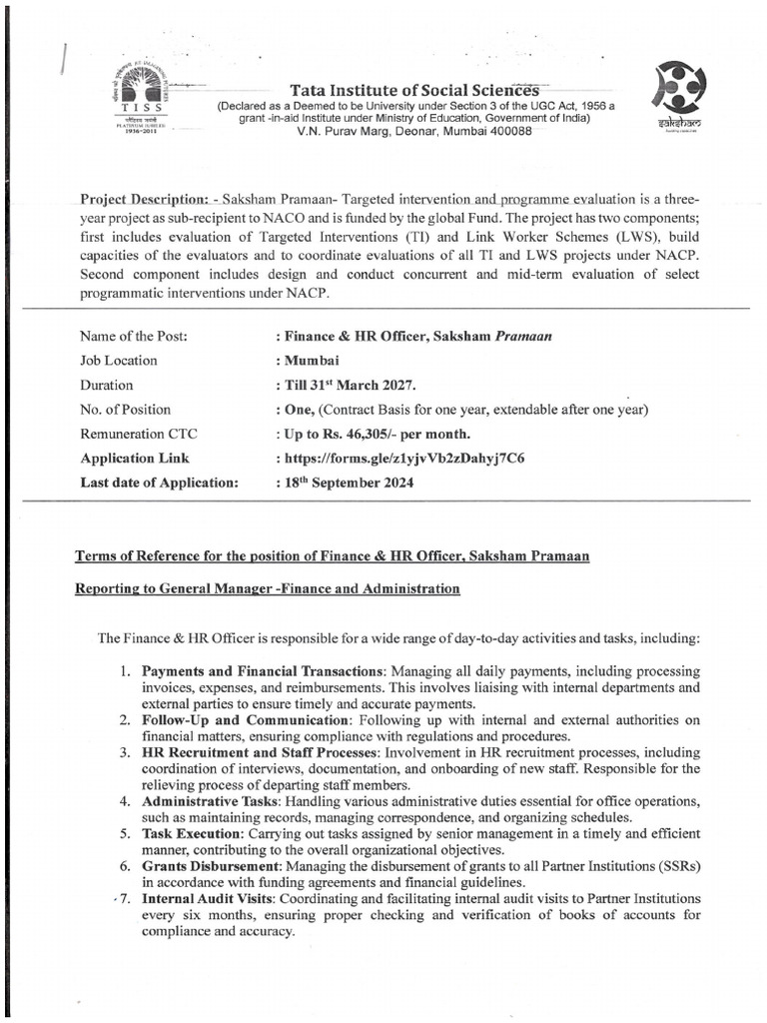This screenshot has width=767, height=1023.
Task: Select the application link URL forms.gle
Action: pyautogui.click(x=403, y=459)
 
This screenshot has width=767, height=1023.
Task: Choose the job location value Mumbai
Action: pyautogui.click(x=305, y=361)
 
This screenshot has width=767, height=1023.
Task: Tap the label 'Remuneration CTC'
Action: pyautogui.click(x=137, y=434)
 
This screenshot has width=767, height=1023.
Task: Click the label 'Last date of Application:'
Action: pyautogui.click(x=159, y=484)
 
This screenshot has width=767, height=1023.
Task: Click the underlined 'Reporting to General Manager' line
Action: pyautogui.click(x=268, y=589)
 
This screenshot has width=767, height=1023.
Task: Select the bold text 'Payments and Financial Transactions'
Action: pyautogui.click(x=264, y=670)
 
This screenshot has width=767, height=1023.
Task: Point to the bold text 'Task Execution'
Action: pyautogui.click(x=191, y=833)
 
